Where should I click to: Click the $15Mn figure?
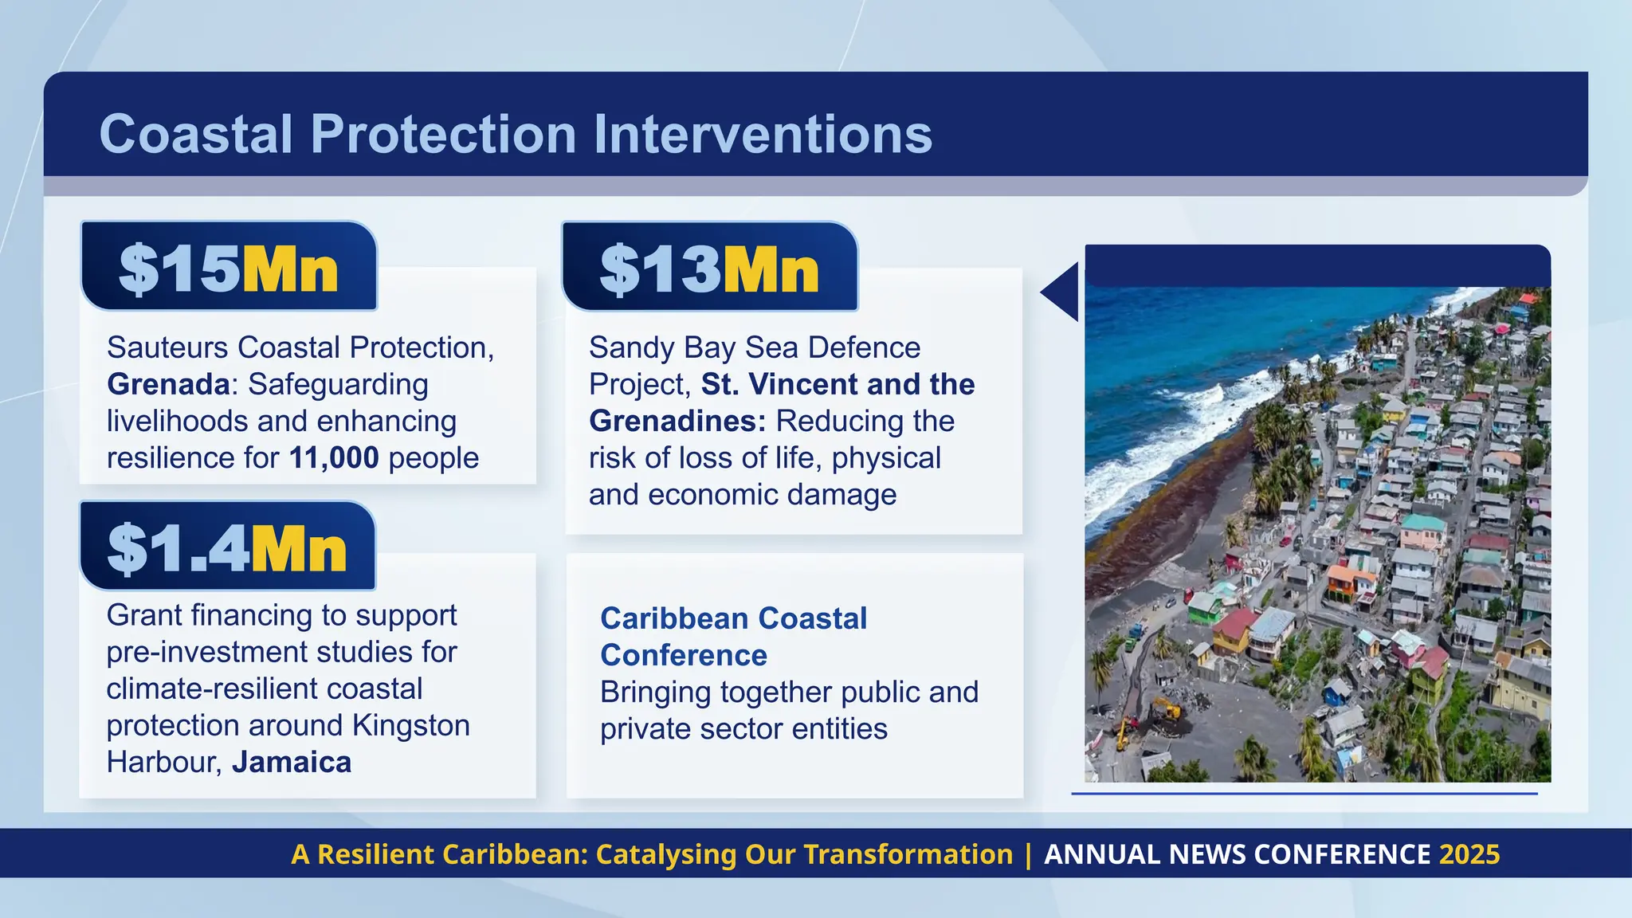tap(229, 269)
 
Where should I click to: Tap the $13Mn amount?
tap(709, 269)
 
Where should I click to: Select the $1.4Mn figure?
tap(227, 548)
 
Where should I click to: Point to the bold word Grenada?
tap(168, 385)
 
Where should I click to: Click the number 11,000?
tap(334, 458)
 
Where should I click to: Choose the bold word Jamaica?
tap(292, 763)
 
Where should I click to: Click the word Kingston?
tap(411, 726)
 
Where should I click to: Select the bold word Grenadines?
tap(677, 422)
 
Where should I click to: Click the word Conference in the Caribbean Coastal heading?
tap(684, 655)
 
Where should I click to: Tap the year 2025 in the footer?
tap(1469, 854)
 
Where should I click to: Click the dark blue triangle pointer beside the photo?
tap(1063, 292)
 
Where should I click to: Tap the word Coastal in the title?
tap(196, 134)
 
